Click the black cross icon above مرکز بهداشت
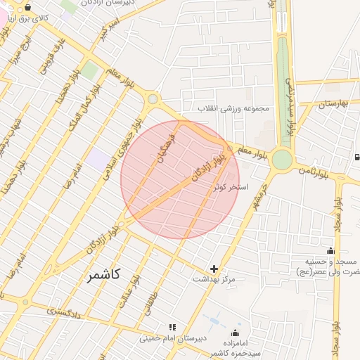pos(214,269)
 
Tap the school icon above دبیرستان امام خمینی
pos(172,327)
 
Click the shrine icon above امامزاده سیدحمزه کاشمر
pos(235,332)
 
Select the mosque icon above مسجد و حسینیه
pos(330,251)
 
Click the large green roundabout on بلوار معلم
pos(282,160)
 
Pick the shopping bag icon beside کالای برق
pos(27,8)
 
